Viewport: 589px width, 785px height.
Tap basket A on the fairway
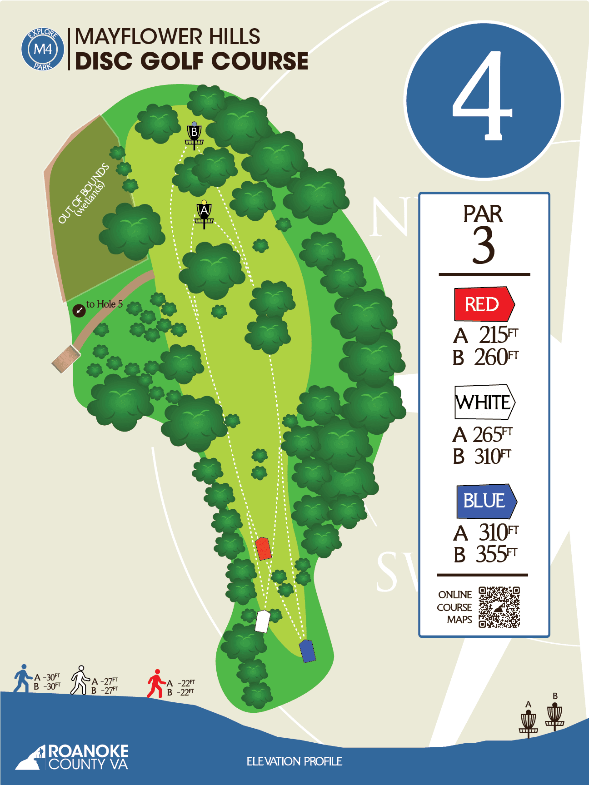coord(204,214)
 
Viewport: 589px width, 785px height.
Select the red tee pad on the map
coord(263,548)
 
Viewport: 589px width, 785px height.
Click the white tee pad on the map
coord(262,621)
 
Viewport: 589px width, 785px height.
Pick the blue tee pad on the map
coord(307,651)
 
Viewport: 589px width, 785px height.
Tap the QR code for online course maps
coord(499,607)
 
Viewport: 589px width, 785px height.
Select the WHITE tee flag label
coord(484,402)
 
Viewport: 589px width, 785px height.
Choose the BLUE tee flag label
coord(486,501)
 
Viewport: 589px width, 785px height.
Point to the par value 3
coord(483,245)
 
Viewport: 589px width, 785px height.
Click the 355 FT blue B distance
coord(496,554)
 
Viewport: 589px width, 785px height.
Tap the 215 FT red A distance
coord(498,335)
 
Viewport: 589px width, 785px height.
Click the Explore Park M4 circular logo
coord(43,49)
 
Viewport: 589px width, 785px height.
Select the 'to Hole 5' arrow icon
coord(79,311)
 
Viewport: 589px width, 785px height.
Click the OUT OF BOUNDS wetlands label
coord(85,194)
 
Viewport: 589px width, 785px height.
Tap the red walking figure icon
coord(155,683)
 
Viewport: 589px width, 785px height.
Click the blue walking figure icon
coord(22,679)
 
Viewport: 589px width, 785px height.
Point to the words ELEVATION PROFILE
coord(294,761)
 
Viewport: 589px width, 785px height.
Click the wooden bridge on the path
coord(66,359)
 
